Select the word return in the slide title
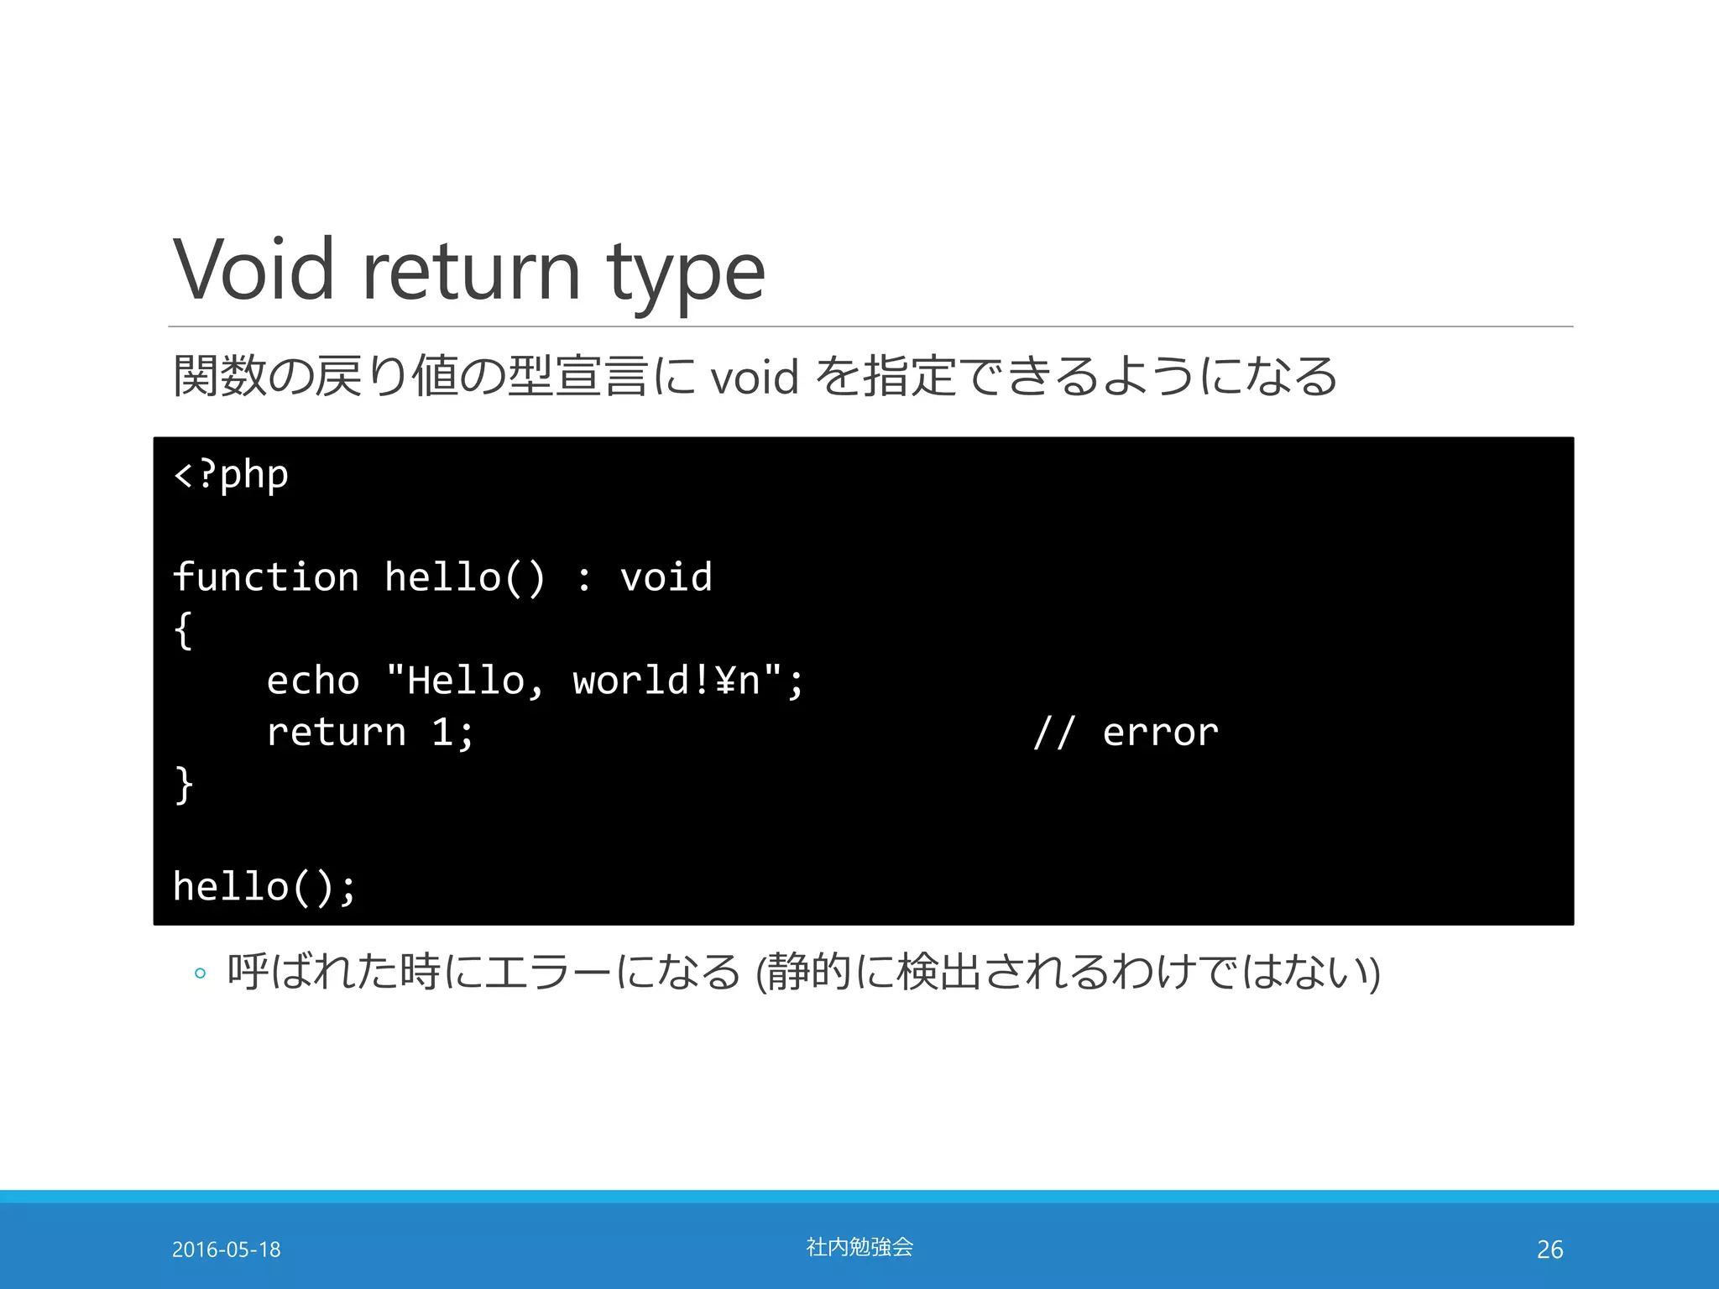[x=470, y=270]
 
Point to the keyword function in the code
[x=266, y=577]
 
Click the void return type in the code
[x=666, y=577]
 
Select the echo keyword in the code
[x=313, y=681]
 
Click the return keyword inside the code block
[x=336, y=733]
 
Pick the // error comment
[x=1126, y=733]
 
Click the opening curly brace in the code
[x=183, y=629]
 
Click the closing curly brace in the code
[x=183, y=785]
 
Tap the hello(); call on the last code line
[x=264, y=887]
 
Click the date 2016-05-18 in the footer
[x=227, y=1250]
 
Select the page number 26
[x=1549, y=1250]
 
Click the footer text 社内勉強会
[x=859, y=1247]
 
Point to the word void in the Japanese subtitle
[x=754, y=377]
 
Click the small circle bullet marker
[x=200, y=973]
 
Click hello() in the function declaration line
[x=465, y=577]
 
